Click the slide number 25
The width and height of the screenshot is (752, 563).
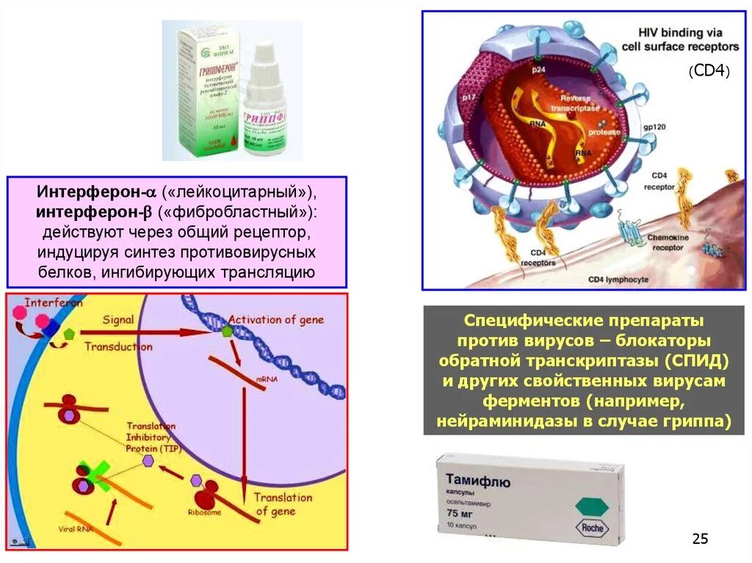pyautogui.click(x=700, y=540)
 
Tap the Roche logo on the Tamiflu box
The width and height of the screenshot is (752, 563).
pyautogui.click(x=593, y=526)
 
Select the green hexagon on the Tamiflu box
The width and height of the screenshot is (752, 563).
pyautogui.click(x=593, y=506)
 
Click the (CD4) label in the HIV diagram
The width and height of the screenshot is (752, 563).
pyautogui.click(x=709, y=71)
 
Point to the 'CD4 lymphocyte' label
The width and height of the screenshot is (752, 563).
pyautogui.click(x=618, y=280)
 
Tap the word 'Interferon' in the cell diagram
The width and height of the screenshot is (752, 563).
pyautogui.click(x=54, y=302)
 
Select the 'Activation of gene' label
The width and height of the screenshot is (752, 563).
pyautogui.click(x=275, y=320)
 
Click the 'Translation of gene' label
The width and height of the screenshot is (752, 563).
pyautogui.click(x=283, y=504)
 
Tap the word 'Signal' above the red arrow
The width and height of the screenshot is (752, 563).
pyautogui.click(x=117, y=320)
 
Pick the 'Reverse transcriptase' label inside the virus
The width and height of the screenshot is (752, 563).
pyautogui.click(x=580, y=102)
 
